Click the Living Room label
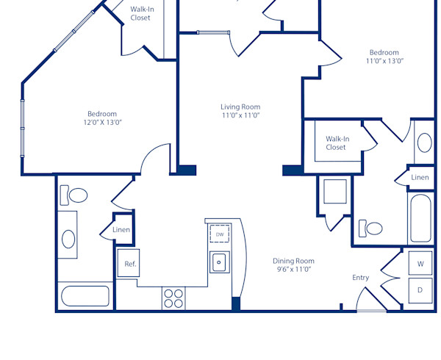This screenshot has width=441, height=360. (240, 107)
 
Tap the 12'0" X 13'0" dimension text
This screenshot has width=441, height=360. (102, 123)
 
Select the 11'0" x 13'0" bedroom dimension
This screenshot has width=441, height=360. (384, 61)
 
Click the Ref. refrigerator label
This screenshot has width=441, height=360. (129, 264)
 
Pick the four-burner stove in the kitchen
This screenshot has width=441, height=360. (173, 298)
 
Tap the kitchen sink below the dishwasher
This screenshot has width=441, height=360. (219, 262)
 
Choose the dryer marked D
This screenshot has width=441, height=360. (420, 290)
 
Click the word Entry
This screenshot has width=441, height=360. (360, 278)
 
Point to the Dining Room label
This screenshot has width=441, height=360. (293, 261)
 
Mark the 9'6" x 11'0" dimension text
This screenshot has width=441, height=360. (293, 270)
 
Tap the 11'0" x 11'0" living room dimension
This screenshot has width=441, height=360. (240, 115)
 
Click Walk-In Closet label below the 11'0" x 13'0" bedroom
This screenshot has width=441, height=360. (336, 143)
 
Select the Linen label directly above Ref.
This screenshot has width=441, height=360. (121, 230)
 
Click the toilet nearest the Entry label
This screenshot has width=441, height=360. (373, 228)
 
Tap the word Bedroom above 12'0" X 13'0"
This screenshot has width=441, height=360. (102, 114)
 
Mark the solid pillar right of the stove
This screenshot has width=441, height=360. (236, 303)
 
